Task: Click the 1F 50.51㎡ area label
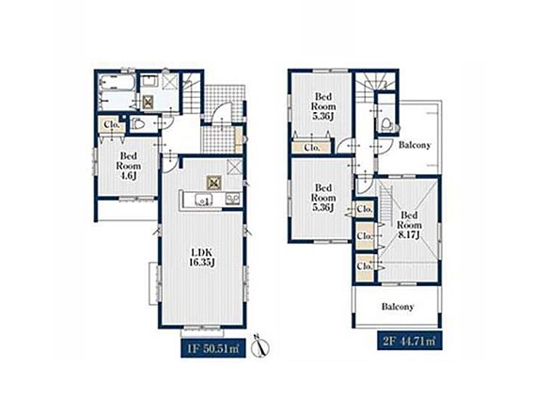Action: pyautogui.click(x=213, y=348)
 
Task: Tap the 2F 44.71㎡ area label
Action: pyautogui.click(x=409, y=341)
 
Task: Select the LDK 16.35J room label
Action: pyautogui.click(x=202, y=257)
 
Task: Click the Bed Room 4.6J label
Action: pyautogui.click(x=129, y=166)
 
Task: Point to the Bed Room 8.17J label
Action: pyautogui.click(x=409, y=225)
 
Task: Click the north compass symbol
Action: pyautogui.click(x=260, y=346)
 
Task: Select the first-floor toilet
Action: pyautogui.click(x=140, y=124)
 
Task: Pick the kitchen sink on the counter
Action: pyautogui.click(x=203, y=200)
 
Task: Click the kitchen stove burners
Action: pyautogui.click(x=233, y=199)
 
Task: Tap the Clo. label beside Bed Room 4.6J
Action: pyautogui.click(x=112, y=125)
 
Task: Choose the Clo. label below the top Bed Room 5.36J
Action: pyautogui.click(x=312, y=148)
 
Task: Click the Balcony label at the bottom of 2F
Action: pyautogui.click(x=398, y=307)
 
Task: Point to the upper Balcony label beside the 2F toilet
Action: pyautogui.click(x=415, y=145)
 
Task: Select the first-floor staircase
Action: pyautogui.click(x=191, y=92)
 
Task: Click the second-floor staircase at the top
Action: pyautogui.click(x=375, y=86)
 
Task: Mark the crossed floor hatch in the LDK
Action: pyautogui.click(x=214, y=184)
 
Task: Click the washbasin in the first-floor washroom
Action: pyautogui.click(x=149, y=82)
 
